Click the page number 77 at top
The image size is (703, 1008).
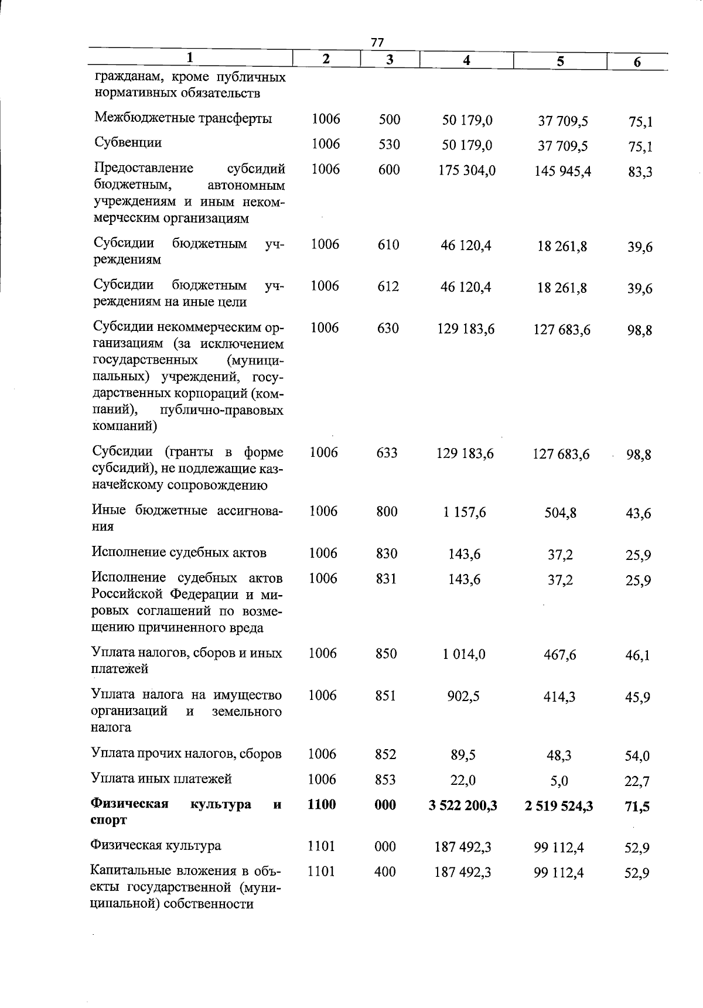tap(377, 42)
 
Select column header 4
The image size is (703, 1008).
tap(466, 60)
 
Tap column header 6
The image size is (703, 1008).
tap(637, 62)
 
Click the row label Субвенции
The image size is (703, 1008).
tap(128, 143)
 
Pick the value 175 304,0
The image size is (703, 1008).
tap(467, 170)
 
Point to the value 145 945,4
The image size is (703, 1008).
tap(563, 172)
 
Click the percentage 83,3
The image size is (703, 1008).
tap(640, 173)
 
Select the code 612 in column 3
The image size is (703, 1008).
tap(388, 286)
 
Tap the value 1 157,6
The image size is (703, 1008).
tap(465, 512)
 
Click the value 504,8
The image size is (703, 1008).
tap(560, 514)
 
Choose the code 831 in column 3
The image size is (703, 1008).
tap(387, 579)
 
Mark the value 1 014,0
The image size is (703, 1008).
tap(464, 654)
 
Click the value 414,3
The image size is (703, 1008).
tap(559, 696)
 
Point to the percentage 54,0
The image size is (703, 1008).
tap(637, 756)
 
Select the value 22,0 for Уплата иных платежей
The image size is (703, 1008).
tap(463, 780)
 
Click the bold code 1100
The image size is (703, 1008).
tap(322, 805)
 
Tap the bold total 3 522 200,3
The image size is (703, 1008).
tap(463, 806)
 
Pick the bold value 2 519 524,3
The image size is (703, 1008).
tap(559, 807)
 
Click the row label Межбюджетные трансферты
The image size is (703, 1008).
tap(183, 118)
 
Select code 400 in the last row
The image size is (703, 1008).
tap(385, 872)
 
